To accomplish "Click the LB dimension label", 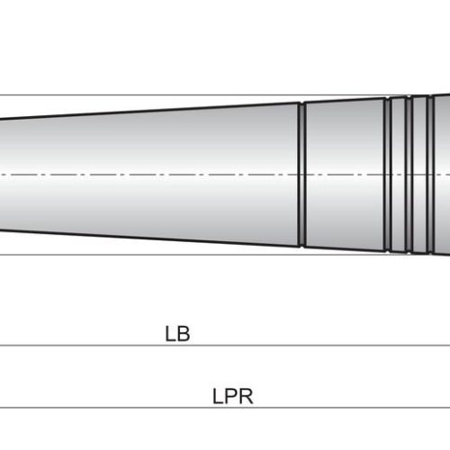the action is pos(177,334).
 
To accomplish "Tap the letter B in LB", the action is pos(184,334).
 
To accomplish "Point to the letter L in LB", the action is pos(170,334).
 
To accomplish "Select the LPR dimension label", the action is pos(233,396).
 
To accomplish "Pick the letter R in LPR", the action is pos(247,396).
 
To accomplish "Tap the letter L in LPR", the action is pos(217,396).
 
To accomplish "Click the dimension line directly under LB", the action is pos(225,346).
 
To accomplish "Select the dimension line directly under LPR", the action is pos(225,408).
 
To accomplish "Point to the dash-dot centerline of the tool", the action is pos(225,175).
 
